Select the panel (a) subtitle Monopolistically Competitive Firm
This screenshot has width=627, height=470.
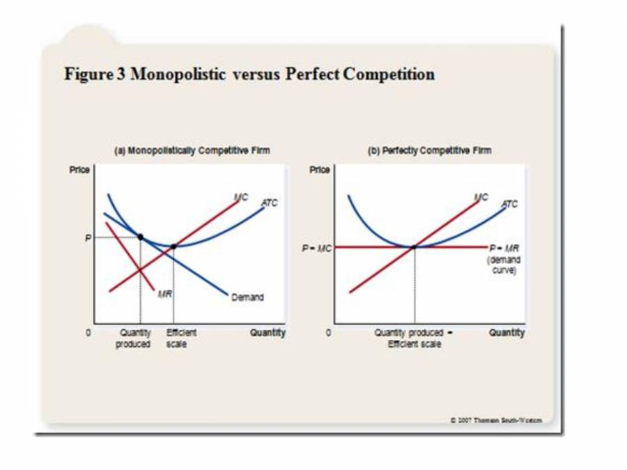click(x=191, y=150)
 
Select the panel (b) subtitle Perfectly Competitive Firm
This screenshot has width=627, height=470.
click(x=430, y=150)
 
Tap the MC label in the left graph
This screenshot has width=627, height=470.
click(x=241, y=197)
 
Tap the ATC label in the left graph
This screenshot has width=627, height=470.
click(x=269, y=203)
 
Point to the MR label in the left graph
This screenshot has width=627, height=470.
click(x=165, y=294)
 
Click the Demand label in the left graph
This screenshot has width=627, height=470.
click(x=247, y=297)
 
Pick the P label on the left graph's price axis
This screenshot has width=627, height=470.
click(x=88, y=237)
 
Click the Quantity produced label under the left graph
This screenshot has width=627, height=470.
click(x=134, y=338)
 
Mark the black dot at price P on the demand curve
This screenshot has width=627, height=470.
click(x=140, y=237)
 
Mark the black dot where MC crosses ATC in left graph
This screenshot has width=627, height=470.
click(x=173, y=246)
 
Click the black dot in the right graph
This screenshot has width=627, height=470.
click(x=415, y=246)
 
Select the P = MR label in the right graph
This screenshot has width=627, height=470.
click(x=504, y=248)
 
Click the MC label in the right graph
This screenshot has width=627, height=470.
click(x=481, y=197)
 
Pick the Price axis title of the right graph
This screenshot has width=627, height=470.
click(x=319, y=169)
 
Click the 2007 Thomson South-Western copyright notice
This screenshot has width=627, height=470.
click(x=496, y=419)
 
